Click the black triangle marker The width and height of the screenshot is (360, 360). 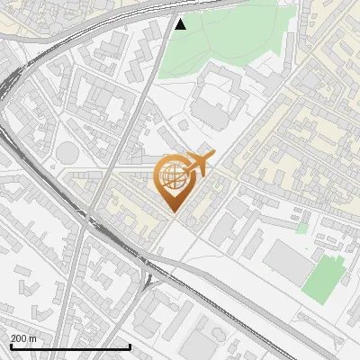click(x=180, y=24)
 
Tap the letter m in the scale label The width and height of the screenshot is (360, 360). click(x=33, y=337)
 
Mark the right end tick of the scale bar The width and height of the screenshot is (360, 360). click(x=130, y=346)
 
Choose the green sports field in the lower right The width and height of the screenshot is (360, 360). click(x=324, y=277)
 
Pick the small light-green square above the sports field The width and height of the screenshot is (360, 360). click(x=302, y=229)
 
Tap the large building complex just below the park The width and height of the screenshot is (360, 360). click(x=216, y=99)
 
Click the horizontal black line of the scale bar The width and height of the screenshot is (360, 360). click(x=69, y=346)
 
